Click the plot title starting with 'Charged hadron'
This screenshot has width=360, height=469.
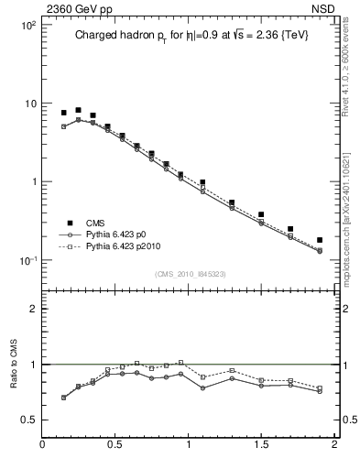[187, 38]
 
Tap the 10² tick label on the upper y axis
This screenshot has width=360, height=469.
[27, 25]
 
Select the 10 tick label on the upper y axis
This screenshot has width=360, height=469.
[29, 104]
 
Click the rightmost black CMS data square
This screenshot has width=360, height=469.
[320, 240]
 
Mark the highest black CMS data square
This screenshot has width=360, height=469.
[78, 110]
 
